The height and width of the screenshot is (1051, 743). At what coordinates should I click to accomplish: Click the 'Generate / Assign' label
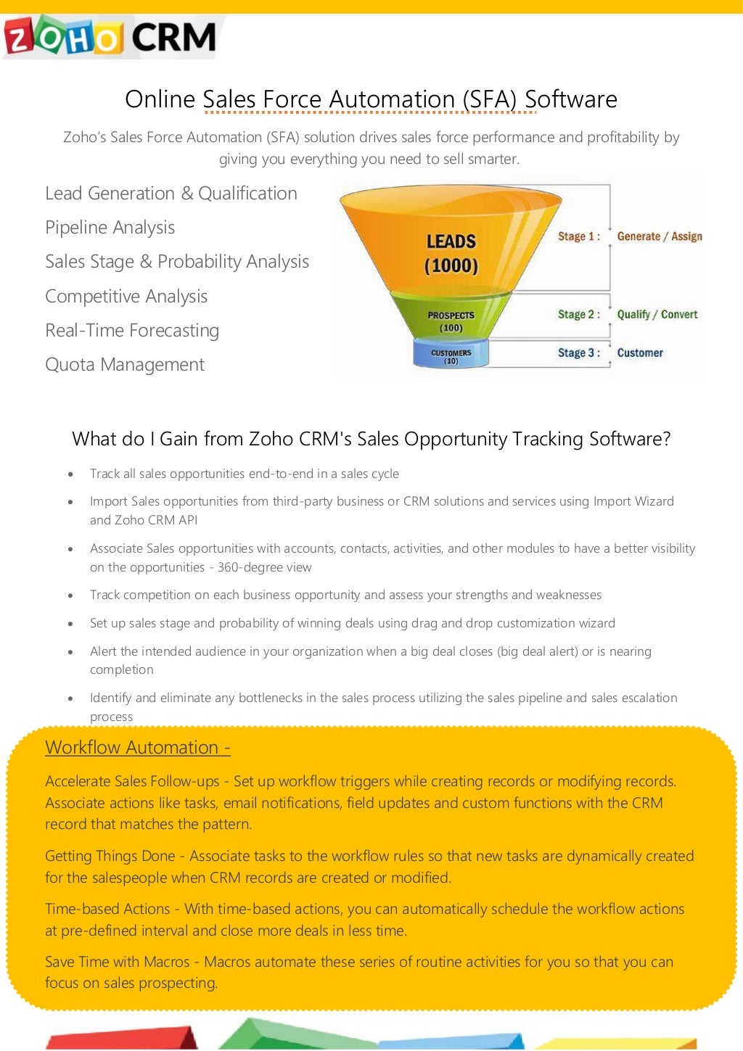pyautogui.click(x=659, y=236)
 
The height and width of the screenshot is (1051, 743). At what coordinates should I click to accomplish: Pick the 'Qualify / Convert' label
pyautogui.click(x=657, y=315)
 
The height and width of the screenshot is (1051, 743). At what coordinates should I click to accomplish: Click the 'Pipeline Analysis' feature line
pyautogui.click(x=110, y=228)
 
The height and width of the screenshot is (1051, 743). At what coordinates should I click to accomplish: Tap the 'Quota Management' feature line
pyautogui.click(x=125, y=365)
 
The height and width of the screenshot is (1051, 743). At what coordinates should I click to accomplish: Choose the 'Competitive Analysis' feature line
pyautogui.click(x=126, y=297)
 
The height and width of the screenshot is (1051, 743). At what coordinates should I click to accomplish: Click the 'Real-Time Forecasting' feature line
pyautogui.click(x=132, y=331)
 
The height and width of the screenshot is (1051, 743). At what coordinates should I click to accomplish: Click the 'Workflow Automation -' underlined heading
pyautogui.click(x=138, y=748)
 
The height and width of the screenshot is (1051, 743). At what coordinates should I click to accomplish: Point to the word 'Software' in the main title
pyautogui.click(x=571, y=99)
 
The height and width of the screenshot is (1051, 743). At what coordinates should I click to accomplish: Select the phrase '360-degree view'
pyautogui.click(x=264, y=567)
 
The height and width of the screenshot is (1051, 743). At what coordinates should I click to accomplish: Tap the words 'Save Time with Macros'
pyautogui.click(x=117, y=962)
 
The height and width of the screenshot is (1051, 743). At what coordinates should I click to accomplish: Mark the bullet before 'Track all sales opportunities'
pyautogui.click(x=70, y=474)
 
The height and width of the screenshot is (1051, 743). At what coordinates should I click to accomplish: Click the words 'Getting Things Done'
pyautogui.click(x=110, y=856)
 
